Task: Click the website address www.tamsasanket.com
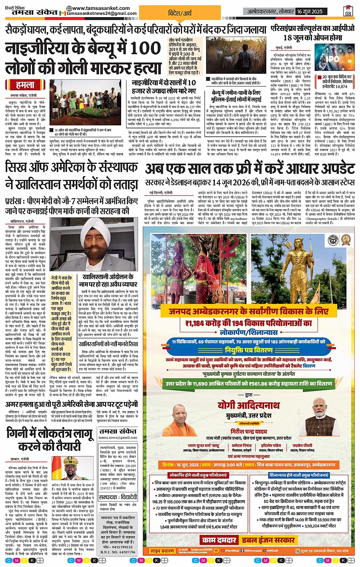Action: (98, 8)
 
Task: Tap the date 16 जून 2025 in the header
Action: (310, 11)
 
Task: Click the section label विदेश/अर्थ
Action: (180, 13)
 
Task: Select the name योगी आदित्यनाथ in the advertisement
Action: (248, 405)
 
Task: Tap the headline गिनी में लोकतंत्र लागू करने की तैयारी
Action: (50, 440)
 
